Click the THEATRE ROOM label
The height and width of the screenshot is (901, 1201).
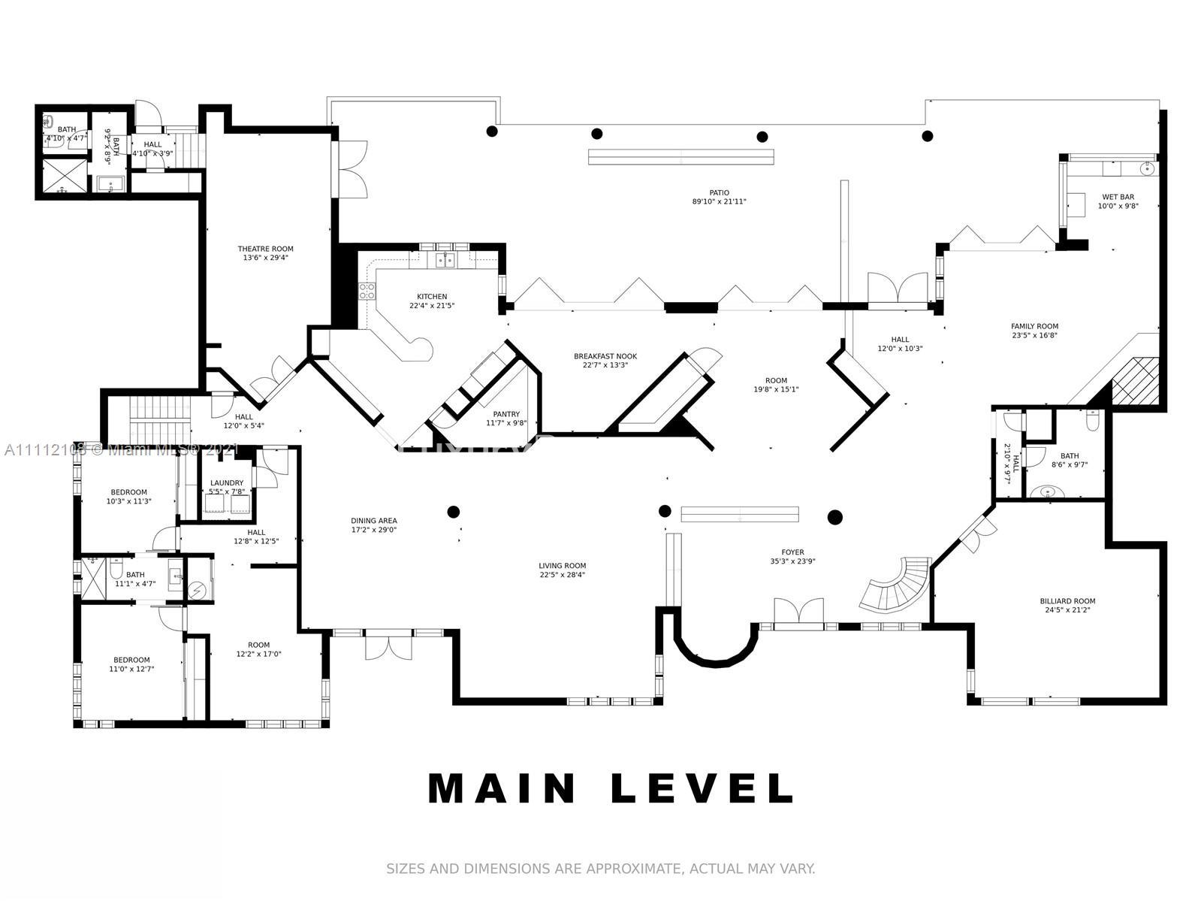pos(265,249)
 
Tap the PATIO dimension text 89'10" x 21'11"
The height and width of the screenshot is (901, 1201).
pos(719,202)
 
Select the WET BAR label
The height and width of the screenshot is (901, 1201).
pos(1118,197)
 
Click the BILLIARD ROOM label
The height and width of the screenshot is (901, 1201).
pos(1067,601)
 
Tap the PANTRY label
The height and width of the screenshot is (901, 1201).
pos(506,414)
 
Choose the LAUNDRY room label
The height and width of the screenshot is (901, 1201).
pos(227,483)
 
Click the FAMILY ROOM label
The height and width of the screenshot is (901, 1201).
pos(1034,326)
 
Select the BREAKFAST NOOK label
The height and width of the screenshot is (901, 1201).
pos(605,356)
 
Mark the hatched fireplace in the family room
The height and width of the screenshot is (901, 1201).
pos(1136,380)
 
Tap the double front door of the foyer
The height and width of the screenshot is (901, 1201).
pos(798,610)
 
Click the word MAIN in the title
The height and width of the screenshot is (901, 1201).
pos(502,788)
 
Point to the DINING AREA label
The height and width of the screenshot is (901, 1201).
pos(373,521)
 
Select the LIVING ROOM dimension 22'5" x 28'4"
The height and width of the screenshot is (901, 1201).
pos(562,575)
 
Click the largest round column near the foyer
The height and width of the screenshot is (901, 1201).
pos(834,517)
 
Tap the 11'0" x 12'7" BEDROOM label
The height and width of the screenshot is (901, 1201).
pos(131,661)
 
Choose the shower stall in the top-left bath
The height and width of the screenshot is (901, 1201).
pos(63,176)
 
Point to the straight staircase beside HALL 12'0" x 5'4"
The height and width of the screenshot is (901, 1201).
pos(150,421)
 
